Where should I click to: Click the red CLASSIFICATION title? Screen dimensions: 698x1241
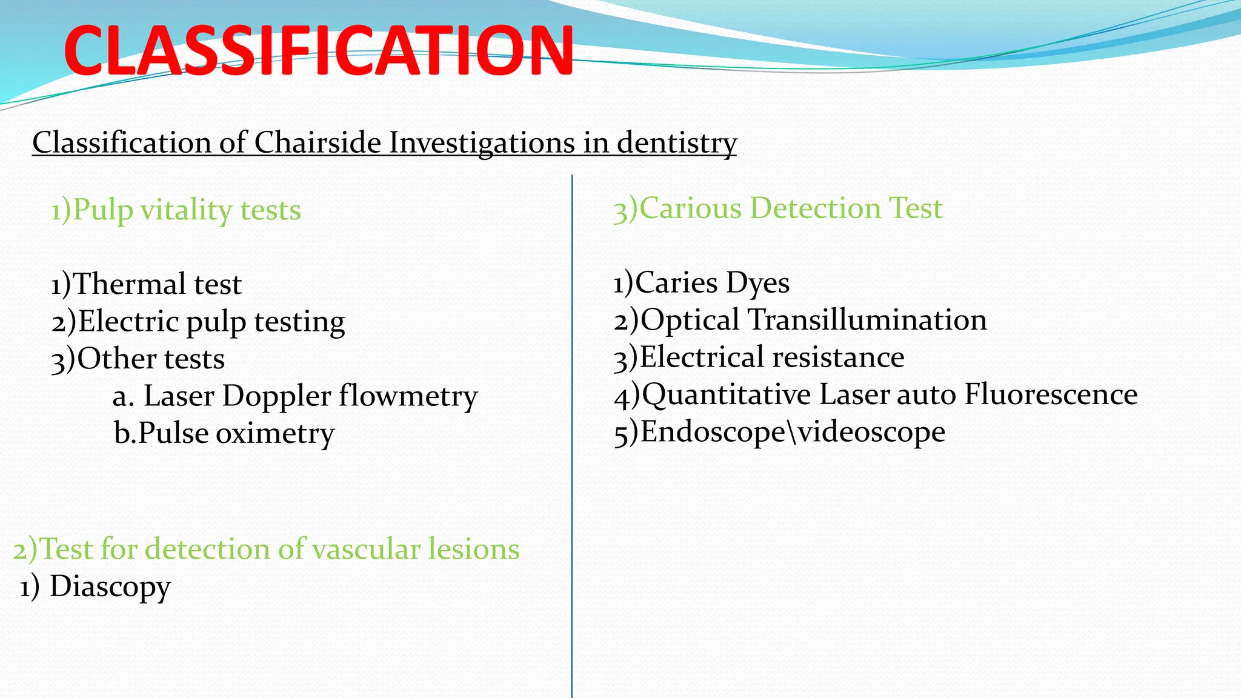pyautogui.click(x=318, y=52)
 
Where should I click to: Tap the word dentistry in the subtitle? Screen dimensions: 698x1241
pyautogui.click(x=676, y=143)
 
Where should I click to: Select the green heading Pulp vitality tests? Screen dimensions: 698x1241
pyautogui.click(x=176, y=210)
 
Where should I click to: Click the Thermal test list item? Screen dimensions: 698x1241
pyautogui.click(x=146, y=284)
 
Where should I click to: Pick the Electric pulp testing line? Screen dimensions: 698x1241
pyautogui.click(x=198, y=322)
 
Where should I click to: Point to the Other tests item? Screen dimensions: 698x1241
pyautogui.click(x=138, y=359)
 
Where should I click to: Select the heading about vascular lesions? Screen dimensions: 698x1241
pyautogui.click(x=266, y=549)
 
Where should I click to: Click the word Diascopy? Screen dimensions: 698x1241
pyautogui.click(x=110, y=587)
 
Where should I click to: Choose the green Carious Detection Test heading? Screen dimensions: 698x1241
pyautogui.click(x=777, y=208)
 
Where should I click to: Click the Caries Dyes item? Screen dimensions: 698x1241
pyautogui.click(x=701, y=283)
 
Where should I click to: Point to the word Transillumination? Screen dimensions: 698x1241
pyautogui.click(x=868, y=320)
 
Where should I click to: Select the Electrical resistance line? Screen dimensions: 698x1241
pyautogui.click(x=759, y=357)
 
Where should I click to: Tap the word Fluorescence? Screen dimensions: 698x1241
pyautogui.click(x=1050, y=394)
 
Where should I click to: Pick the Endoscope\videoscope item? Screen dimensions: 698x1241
pyautogui.click(x=779, y=432)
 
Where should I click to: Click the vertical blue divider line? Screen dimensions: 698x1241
pyautogui.click(x=571, y=485)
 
